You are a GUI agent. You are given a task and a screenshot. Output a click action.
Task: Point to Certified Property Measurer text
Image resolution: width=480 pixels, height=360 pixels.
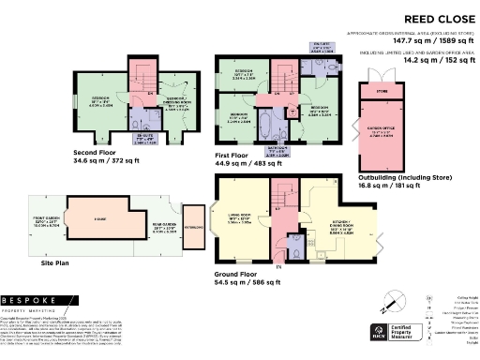pos(406,331)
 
